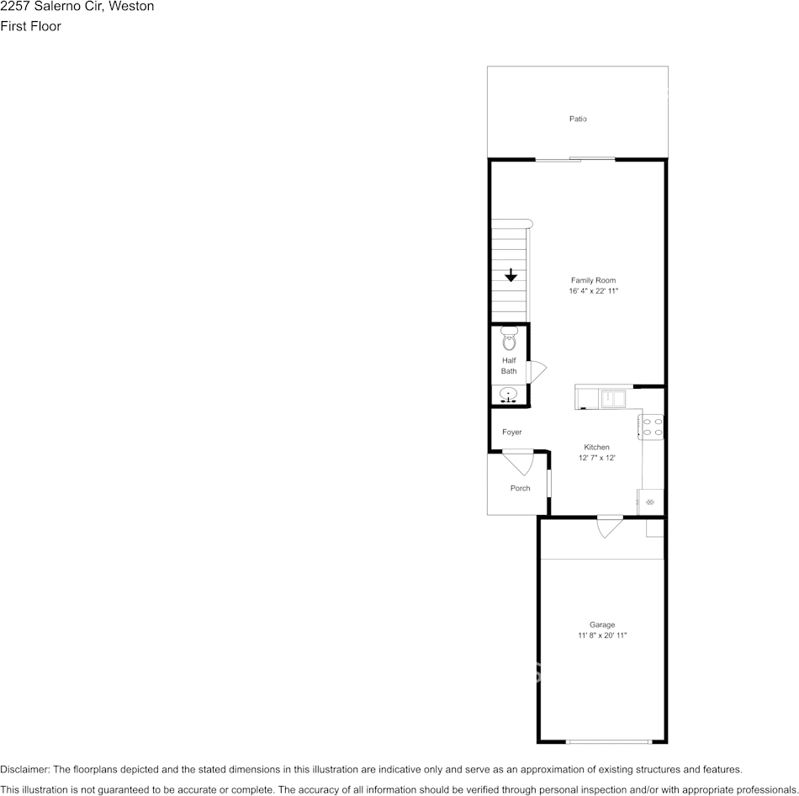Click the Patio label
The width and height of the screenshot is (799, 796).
(578, 119)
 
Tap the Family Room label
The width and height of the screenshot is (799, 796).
(593, 280)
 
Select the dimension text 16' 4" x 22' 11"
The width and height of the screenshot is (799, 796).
(593, 291)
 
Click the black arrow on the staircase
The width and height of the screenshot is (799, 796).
(511, 275)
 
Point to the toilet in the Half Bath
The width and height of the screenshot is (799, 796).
(509, 338)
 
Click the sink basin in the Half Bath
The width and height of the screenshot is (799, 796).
(509, 394)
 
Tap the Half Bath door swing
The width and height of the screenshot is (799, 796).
(536, 372)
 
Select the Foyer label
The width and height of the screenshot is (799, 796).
(511, 432)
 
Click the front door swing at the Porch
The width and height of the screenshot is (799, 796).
(519, 462)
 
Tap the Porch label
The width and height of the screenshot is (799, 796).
(521, 488)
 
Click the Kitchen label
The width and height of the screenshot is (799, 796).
(596, 447)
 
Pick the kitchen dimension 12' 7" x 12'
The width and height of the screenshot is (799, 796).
(596, 458)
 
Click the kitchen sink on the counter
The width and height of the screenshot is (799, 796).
(613, 398)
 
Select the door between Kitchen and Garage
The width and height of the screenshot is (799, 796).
(610, 527)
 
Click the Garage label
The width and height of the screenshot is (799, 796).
(602, 624)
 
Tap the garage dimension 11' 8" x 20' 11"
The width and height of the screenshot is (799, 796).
(602, 635)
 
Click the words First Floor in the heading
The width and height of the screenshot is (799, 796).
(30, 26)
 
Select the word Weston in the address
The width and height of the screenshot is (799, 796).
(131, 6)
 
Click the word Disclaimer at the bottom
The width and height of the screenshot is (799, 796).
(24, 769)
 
